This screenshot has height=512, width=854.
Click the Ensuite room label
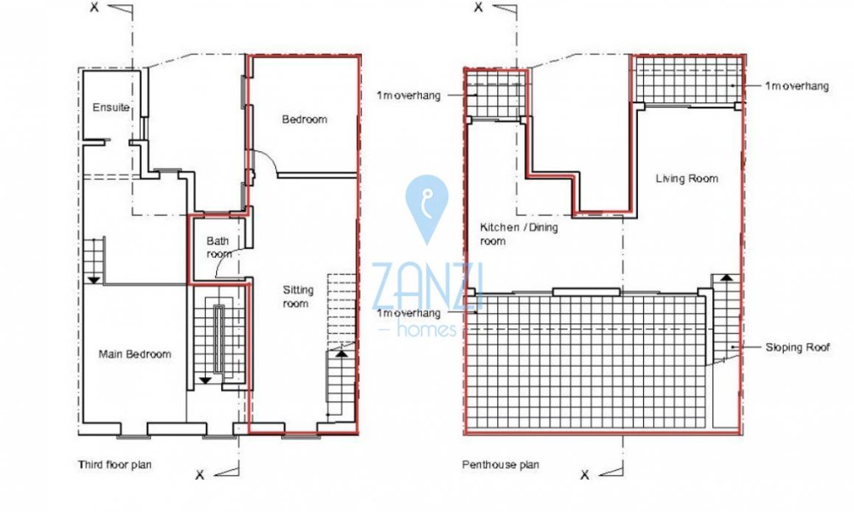click(111, 108)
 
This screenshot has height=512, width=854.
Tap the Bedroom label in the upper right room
click(305, 119)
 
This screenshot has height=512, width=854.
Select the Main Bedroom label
click(135, 354)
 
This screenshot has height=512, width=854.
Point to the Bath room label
click(219, 247)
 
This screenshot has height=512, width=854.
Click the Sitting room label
click(297, 297)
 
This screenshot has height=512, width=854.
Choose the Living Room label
click(687, 178)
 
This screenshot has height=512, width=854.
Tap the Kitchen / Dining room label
click(518, 234)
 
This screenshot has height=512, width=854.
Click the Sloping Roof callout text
click(798, 347)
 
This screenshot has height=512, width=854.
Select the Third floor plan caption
click(114, 465)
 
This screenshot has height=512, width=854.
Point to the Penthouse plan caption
click(500, 465)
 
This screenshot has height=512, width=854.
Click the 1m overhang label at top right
click(796, 86)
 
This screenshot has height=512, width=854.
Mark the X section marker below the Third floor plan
click(200, 475)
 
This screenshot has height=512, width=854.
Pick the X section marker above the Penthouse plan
click(478, 7)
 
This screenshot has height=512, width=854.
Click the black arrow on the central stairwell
click(205, 381)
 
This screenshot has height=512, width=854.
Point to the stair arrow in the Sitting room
click(341, 353)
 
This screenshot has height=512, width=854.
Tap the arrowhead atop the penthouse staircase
click(727, 277)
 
